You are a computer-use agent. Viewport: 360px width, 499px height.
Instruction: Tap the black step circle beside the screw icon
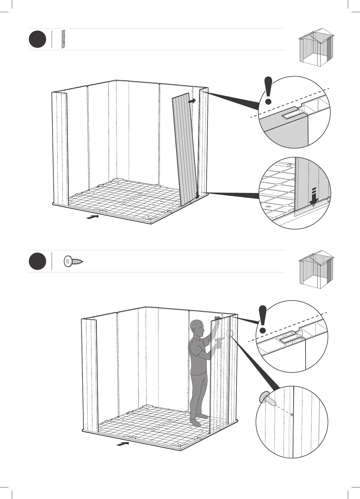(x=37, y=261)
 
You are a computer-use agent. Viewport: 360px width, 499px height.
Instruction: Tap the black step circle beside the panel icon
(x=37, y=40)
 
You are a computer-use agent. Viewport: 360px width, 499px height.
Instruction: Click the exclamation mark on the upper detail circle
(x=269, y=91)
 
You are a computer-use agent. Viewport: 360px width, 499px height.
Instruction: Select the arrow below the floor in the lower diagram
(x=123, y=444)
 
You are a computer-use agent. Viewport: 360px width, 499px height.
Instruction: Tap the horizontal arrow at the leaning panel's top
(x=192, y=100)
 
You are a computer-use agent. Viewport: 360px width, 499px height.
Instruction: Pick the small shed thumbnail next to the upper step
(x=316, y=47)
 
